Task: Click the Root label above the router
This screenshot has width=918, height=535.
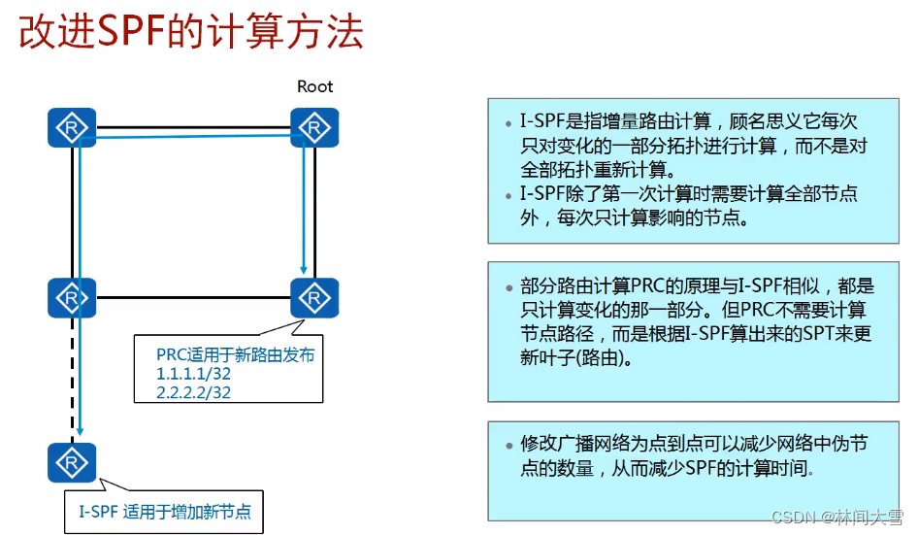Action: [315, 86]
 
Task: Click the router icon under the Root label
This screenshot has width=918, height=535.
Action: [314, 128]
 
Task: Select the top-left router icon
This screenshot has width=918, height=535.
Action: [72, 128]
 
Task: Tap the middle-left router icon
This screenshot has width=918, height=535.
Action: [72, 298]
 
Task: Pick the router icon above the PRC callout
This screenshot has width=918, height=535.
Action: [314, 298]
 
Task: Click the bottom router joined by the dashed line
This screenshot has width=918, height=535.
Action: [72, 462]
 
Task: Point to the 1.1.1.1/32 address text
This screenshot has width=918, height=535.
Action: [193, 374]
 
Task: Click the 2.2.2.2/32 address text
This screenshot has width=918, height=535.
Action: [193, 392]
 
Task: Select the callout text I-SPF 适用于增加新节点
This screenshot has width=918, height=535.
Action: [165, 512]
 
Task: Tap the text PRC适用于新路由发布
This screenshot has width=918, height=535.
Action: [236, 354]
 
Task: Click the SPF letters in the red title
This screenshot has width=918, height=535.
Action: [131, 32]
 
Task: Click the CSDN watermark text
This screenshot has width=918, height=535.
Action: [837, 517]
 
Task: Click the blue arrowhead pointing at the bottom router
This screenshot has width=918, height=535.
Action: [80, 431]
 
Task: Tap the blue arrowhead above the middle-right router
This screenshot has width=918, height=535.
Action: [304, 269]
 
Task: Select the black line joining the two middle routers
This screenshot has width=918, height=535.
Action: [193, 298]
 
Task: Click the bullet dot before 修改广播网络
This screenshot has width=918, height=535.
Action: [508, 446]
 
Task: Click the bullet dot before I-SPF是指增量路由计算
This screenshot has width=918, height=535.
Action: [508, 123]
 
